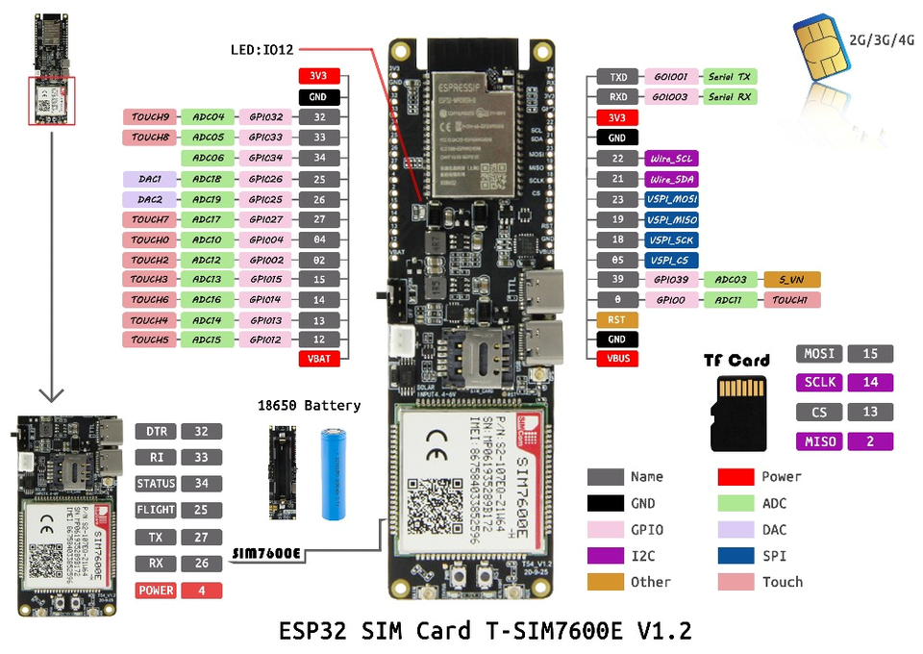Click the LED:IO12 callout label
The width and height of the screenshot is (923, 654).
[262, 49]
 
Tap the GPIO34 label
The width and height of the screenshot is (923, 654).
[265, 158]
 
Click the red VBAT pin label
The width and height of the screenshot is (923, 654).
[317, 360]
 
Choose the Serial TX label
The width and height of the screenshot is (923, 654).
[730, 76]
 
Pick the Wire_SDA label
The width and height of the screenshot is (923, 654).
[672, 179]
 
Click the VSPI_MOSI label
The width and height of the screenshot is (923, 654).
[672, 199]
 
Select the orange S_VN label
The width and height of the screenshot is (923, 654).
[792, 280]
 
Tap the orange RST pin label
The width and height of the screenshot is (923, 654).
[616, 319]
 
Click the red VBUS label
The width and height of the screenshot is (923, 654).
[616, 360]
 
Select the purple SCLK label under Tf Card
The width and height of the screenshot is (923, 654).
[819, 383]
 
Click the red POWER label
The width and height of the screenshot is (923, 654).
[156, 591]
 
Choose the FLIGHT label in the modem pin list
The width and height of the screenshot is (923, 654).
[156, 511]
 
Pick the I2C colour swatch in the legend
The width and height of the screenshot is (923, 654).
[605, 556]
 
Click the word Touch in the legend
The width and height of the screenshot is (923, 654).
[782, 582]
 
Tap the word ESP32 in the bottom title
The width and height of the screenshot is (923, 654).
[311, 631]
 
